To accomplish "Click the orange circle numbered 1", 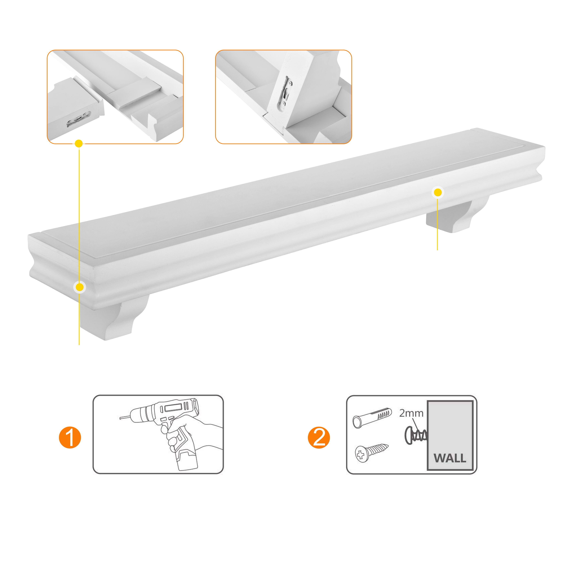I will pos(70,438).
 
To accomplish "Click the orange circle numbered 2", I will pos(319,438).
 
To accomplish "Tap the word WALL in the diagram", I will pos(450,458).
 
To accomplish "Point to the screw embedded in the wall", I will pos(416,436).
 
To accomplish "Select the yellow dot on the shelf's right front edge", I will pos(437,192).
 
